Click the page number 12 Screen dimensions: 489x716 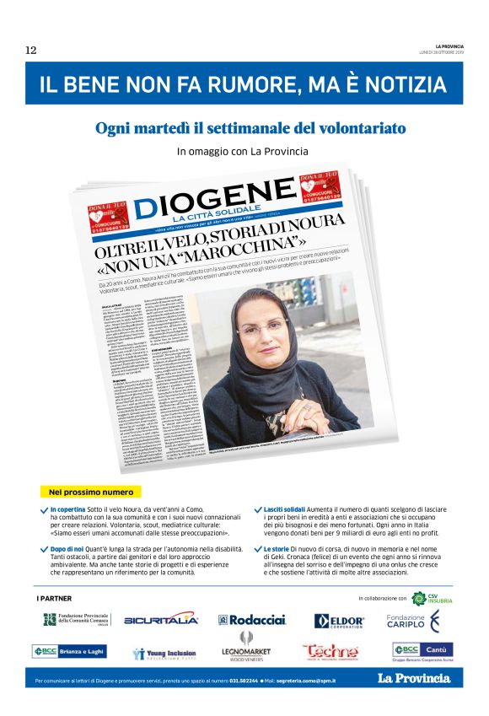point(30,51)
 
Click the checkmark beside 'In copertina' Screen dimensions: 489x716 point(44,510)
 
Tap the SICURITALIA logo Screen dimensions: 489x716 point(161,620)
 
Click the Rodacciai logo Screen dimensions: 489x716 point(252,620)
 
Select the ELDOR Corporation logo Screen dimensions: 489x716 point(339,622)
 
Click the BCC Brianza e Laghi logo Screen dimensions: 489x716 point(69,651)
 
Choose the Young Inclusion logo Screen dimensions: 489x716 point(164,653)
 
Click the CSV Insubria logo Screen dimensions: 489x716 point(432,598)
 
